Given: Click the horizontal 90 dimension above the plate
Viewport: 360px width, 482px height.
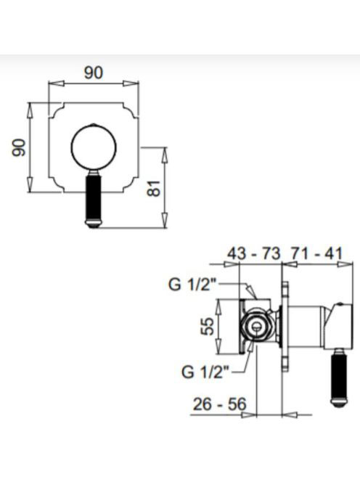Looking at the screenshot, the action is pos(93,73).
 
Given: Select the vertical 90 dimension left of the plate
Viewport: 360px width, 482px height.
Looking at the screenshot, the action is pos(18,147).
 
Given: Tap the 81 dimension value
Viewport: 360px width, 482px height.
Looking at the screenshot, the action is pos(155,188).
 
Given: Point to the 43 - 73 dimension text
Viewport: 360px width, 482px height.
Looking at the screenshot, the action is pos(254,254).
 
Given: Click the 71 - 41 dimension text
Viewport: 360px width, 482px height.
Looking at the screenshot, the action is pos(316,254).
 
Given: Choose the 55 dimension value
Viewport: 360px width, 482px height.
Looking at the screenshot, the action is pos(207,327).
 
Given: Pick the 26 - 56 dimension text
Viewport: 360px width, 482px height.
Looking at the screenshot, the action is pos(219,404).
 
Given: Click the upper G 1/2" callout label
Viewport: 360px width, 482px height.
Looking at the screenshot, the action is pos(193,285).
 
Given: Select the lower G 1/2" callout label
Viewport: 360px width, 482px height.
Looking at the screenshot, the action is pos(205,372).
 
